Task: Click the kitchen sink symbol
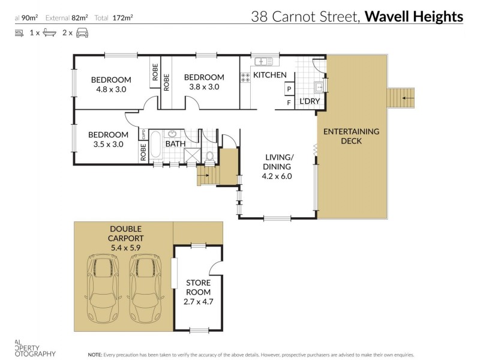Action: tap(263, 61)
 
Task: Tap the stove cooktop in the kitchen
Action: tap(245, 77)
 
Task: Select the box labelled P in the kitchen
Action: tap(289, 89)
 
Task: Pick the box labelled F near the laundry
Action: tap(289, 103)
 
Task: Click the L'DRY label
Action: tap(309, 101)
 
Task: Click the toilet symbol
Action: tap(209, 158)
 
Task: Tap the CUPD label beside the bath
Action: tap(143, 133)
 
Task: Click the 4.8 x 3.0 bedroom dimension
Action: tap(111, 90)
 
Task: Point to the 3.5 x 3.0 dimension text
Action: tap(108, 144)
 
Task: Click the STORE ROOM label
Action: tap(198, 287)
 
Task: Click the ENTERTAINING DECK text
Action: tap(351, 136)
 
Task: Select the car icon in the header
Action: tap(82, 33)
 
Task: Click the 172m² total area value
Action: tap(124, 18)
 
